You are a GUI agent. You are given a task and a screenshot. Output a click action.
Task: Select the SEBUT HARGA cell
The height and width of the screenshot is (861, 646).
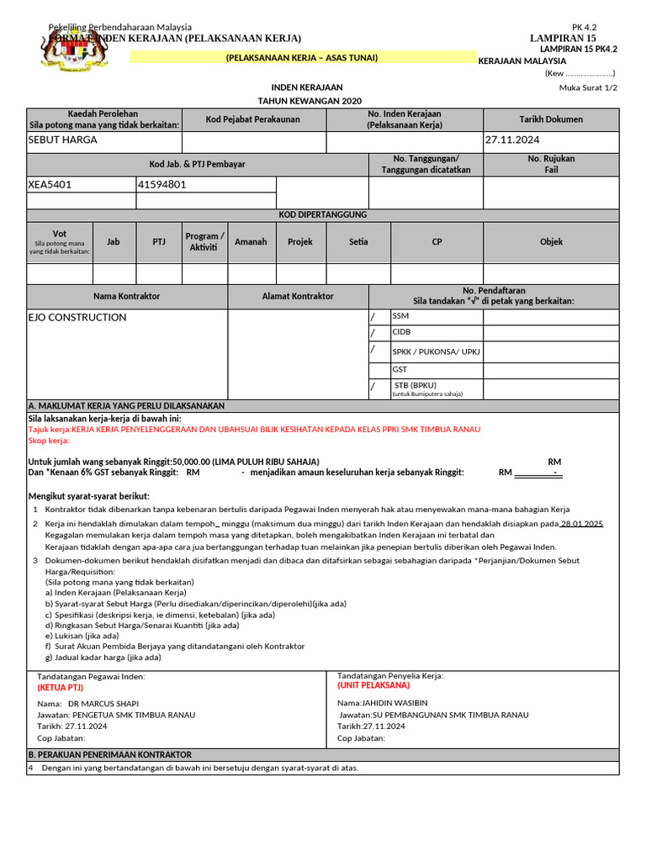(x=63, y=140)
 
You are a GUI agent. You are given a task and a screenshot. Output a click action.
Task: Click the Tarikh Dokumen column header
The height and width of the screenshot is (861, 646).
(x=550, y=119)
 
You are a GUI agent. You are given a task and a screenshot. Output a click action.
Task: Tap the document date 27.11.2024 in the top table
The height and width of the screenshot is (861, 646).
(x=512, y=140)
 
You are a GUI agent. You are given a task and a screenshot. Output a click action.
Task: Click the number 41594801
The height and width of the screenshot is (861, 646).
(x=163, y=184)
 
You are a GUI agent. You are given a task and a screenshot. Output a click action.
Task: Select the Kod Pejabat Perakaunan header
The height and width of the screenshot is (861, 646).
(x=252, y=119)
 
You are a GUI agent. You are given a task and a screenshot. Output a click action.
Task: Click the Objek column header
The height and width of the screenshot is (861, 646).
(x=551, y=242)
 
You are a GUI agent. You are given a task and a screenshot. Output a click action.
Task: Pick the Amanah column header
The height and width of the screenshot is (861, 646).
(x=251, y=242)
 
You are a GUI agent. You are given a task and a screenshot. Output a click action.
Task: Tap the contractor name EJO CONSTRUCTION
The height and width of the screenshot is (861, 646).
(x=77, y=318)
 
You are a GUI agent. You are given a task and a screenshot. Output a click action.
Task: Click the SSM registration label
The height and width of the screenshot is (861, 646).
(x=400, y=317)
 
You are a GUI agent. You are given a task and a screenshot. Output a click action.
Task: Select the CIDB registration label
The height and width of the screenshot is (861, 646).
(x=402, y=332)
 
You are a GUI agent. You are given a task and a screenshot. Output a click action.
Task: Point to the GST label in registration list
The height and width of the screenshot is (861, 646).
(x=400, y=369)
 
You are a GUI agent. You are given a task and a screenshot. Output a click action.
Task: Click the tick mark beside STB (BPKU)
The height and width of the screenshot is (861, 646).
(x=373, y=387)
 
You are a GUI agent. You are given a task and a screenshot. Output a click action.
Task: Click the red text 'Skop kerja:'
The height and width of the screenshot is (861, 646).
(x=49, y=441)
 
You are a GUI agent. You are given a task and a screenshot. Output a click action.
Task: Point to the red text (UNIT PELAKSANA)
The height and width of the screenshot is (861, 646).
(x=373, y=685)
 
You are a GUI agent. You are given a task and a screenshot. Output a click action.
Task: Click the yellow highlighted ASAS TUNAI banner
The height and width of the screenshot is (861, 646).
(x=301, y=57)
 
